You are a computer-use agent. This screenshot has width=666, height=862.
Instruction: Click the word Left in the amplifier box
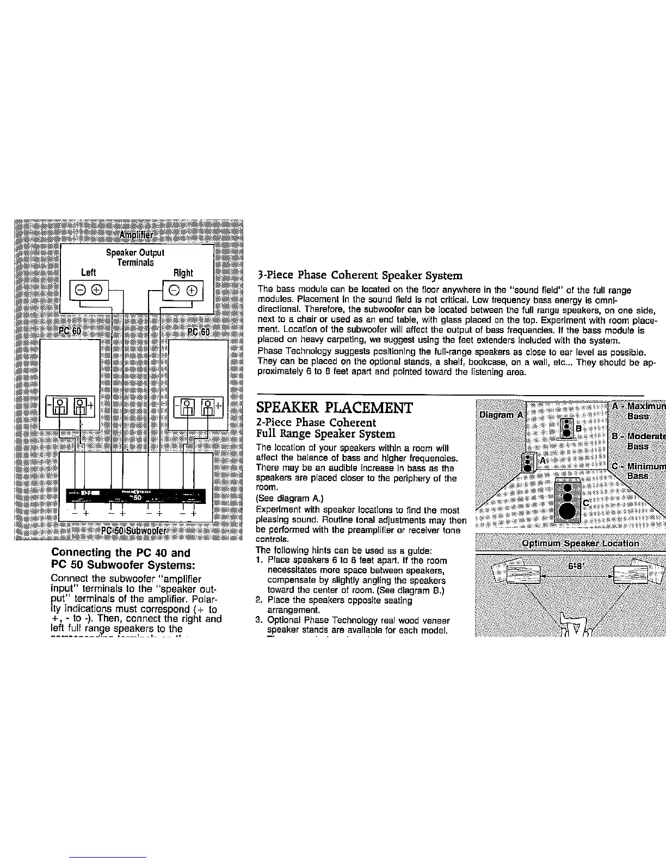tap(88, 272)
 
